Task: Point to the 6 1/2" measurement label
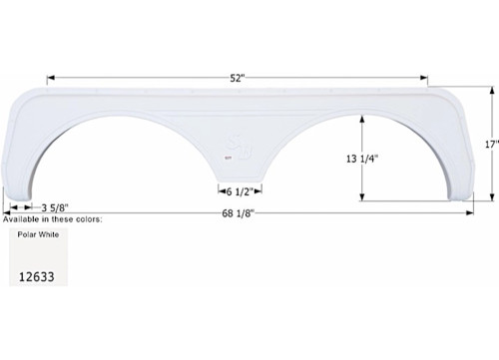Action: click(240, 190)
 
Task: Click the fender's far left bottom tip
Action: click(9, 199)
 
